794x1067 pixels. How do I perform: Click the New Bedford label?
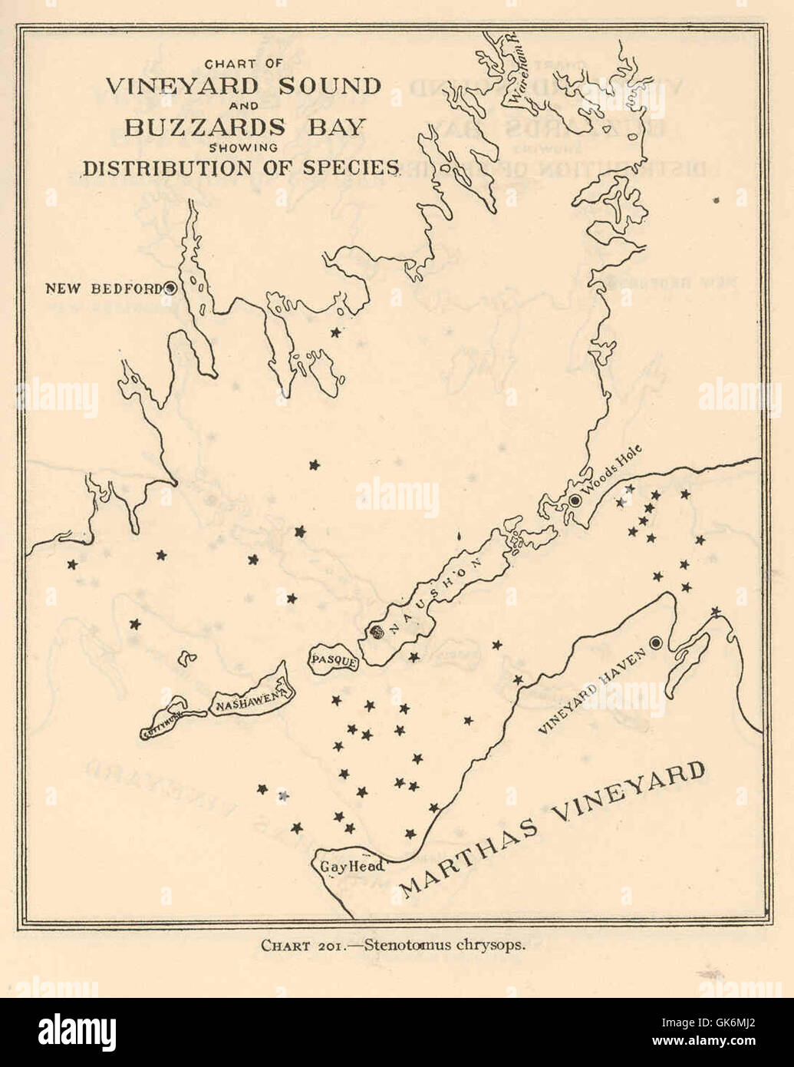click(x=103, y=289)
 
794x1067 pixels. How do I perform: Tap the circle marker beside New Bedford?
click(x=170, y=288)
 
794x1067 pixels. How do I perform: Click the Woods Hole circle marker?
click(x=575, y=500)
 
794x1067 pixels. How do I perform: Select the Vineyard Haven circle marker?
click(x=656, y=643)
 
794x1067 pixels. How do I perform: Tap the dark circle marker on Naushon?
click(x=376, y=633)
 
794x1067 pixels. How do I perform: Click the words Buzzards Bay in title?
click(x=243, y=127)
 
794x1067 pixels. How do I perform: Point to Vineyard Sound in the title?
click(x=242, y=85)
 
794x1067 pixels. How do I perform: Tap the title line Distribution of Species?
click(x=242, y=168)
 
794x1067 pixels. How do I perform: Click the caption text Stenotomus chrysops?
click(x=445, y=945)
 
